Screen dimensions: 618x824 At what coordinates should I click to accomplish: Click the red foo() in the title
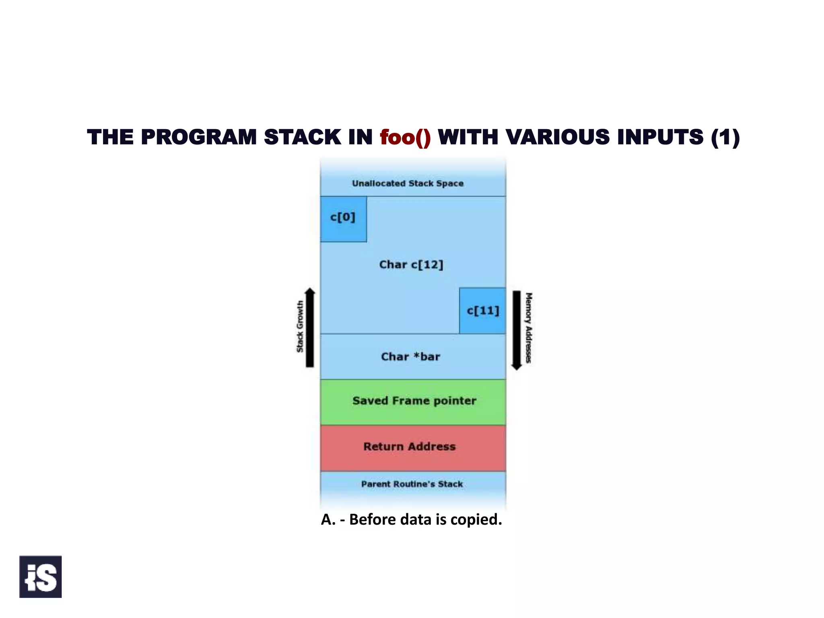click(405, 138)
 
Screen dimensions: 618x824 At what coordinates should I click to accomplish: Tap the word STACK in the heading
click(303, 138)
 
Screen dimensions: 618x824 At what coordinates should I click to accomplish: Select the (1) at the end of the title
click(725, 138)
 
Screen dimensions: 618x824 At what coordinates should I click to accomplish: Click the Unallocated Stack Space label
click(408, 183)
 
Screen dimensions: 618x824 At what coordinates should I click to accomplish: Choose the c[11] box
click(482, 311)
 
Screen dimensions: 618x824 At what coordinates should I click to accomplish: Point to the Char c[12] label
click(411, 265)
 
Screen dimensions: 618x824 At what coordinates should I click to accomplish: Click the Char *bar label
click(410, 357)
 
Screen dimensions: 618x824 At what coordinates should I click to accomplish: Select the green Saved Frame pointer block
click(413, 402)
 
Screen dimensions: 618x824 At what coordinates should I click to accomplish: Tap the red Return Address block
click(413, 447)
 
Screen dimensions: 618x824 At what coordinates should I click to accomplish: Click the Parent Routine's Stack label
click(412, 484)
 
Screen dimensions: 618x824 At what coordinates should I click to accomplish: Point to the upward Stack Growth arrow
click(310, 328)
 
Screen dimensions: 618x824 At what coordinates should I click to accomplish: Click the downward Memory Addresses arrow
click(517, 330)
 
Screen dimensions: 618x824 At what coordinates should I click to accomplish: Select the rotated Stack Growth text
click(300, 327)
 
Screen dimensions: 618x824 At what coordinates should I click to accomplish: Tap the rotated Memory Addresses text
click(529, 328)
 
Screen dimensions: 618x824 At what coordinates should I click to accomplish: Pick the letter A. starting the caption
click(328, 519)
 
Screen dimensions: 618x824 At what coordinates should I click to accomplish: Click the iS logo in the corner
click(41, 577)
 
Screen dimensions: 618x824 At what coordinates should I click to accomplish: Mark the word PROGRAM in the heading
click(199, 138)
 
